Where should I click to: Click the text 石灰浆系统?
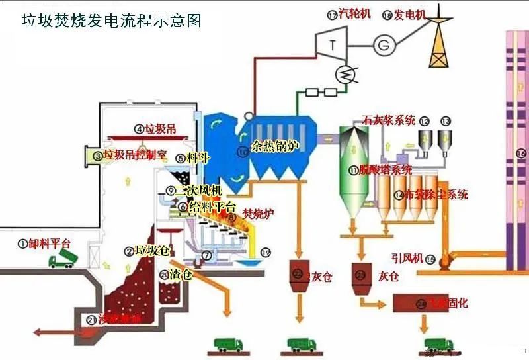pyautogui.click(x=389, y=120)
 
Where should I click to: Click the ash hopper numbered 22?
pyautogui.click(x=301, y=273)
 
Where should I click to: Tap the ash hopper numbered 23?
pyautogui.click(x=362, y=273)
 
